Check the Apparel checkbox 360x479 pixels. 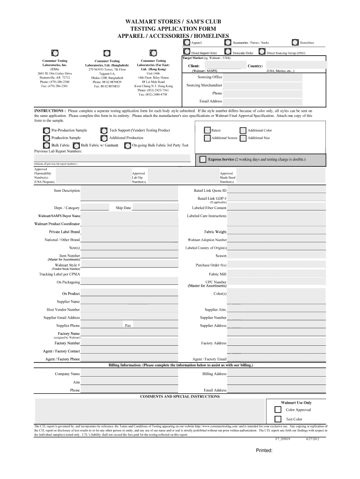(x=187, y=43)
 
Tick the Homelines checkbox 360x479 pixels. (x=295, y=43)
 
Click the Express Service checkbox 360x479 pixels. (x=202, y=160)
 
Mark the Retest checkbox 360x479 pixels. (x=208, y=131)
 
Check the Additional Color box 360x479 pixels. (x=243, y=131)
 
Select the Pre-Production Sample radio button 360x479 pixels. (x=46, y=131)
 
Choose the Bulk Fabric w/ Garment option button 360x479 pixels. (x=77, y=145)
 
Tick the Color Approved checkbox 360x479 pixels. (x=278, y=410)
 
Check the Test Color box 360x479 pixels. (x=278, y=419)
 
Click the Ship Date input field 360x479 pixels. (x=154, y=208)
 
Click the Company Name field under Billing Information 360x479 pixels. (x=129, y=374)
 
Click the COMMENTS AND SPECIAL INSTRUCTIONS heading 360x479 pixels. (x=180, y=396)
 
